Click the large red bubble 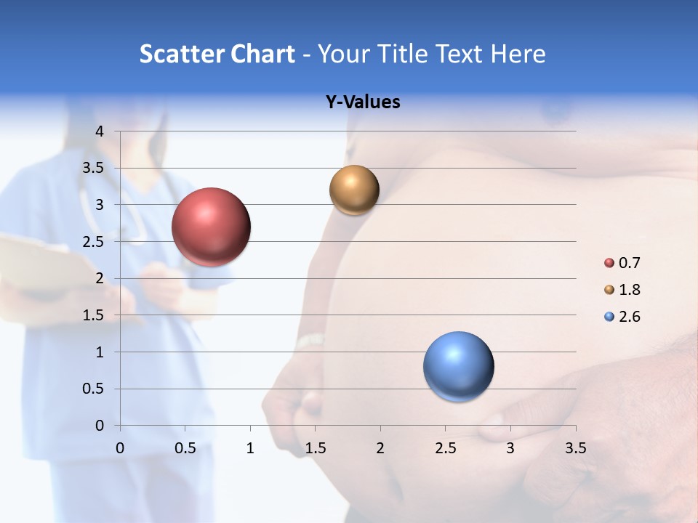[212, 227]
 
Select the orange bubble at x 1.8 [354, 190]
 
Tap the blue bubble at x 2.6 [458, 366]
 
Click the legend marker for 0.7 [609, 263]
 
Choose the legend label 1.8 [629, 290]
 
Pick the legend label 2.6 [629, 317]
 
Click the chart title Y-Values [363, 102]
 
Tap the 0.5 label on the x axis [185, 448]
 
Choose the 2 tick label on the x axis [380, 448]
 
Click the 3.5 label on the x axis [575, 448]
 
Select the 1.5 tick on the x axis [315, 448]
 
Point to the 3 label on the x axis [510, 448]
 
